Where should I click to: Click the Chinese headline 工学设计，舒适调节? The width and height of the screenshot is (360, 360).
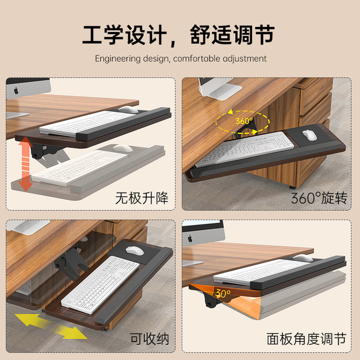click(179, 35)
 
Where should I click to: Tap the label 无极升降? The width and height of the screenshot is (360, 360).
click(142, 197)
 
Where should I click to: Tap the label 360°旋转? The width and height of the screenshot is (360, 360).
click(319, 197)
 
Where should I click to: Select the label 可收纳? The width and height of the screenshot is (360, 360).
click(149, 339)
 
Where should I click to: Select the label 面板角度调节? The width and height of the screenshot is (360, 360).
click(306, 339)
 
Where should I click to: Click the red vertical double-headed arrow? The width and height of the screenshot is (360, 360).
click(24, 165)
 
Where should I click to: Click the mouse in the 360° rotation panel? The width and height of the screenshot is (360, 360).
click(309, 135)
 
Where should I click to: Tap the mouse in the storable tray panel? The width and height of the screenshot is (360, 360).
click(134, 251)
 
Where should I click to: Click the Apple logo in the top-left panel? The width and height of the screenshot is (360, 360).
click(16, 89)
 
